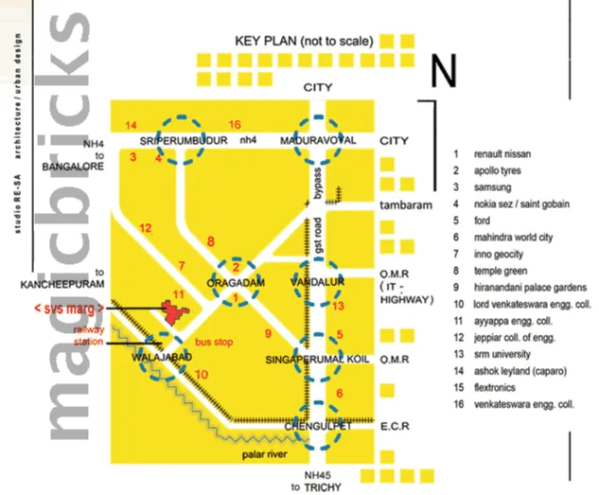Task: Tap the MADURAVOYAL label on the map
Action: click(318, 140)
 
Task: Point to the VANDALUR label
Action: click(318, 283)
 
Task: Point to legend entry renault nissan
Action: click(498, 153)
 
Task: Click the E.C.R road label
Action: click(395, 427)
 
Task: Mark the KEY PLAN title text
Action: click(304, 42)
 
